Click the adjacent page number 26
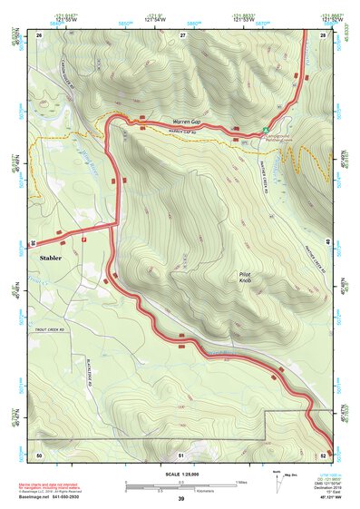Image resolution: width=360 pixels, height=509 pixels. (39, 34)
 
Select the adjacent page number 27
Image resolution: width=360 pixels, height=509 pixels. (181, 34)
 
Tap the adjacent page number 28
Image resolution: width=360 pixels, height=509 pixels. (324, 34)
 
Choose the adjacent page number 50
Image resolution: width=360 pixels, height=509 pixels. (39, 455)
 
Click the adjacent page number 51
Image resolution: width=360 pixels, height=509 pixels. (181, 455)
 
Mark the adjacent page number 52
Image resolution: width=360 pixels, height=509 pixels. (324, 455)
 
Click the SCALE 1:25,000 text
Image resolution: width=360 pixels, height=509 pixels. (181, 474)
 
